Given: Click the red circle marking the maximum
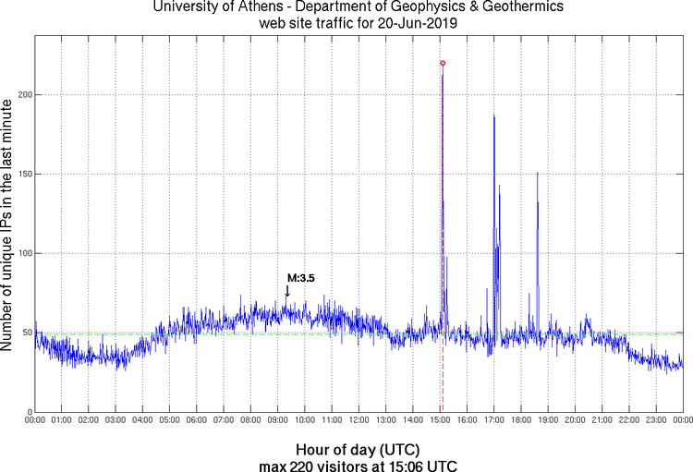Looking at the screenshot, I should (443, 63).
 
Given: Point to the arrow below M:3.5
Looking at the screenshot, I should (286, 291).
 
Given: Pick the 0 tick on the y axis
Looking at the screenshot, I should (28, 412).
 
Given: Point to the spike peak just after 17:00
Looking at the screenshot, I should (494, 115).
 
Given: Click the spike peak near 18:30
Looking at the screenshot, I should (537, 173).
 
